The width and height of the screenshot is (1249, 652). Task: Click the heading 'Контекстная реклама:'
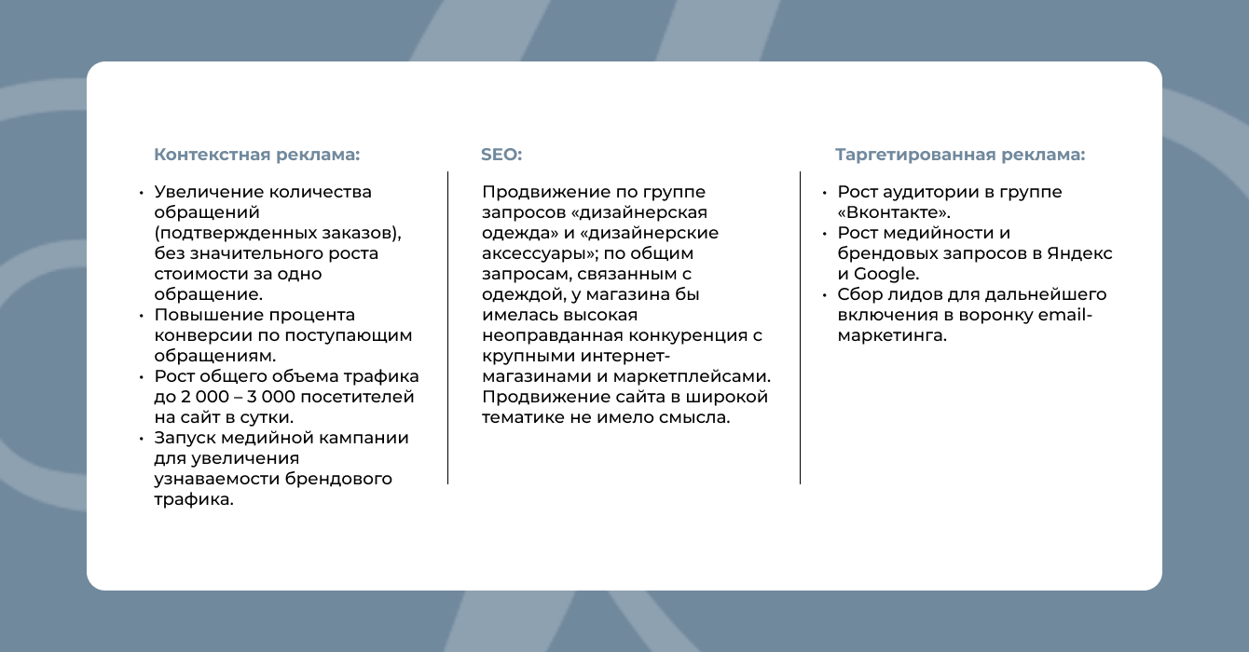(257, 155)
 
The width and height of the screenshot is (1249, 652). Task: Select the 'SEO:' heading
(501, 155)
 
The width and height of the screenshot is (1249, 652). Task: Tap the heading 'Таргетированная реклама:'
(960, 155)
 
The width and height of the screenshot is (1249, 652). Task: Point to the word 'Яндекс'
(1079, 253)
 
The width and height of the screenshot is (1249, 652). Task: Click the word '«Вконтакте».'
(894, 212)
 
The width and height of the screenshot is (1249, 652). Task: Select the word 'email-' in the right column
(1064, 315)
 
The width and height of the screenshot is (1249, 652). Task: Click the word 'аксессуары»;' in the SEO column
(541, 254)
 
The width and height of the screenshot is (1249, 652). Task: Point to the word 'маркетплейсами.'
(692, 376)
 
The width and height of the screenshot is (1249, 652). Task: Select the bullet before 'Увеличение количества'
(142, 193)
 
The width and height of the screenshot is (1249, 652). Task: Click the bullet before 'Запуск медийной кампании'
(142, 439)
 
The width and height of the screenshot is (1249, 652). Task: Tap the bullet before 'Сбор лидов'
(825, 295)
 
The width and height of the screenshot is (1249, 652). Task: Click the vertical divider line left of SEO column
(447, 328)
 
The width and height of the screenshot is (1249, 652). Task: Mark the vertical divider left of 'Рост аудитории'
(800, 328)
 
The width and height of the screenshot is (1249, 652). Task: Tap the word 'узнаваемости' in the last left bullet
(217, 480)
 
